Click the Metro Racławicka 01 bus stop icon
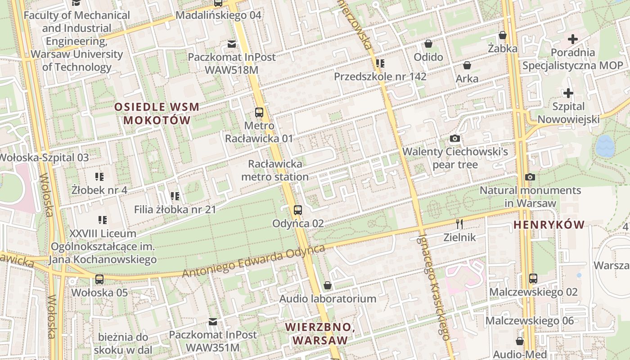259,112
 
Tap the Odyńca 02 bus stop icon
297,210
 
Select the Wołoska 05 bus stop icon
99,279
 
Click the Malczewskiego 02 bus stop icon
533,278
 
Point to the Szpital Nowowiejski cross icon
568,93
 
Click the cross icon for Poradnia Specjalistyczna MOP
572,39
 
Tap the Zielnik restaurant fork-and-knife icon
459,224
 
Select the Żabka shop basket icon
503,35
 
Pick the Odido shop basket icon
428,44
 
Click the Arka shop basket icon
467,65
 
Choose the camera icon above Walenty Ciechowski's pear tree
455,138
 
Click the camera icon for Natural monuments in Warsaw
530,177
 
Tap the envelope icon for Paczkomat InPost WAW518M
232,44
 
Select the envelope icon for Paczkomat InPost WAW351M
213,322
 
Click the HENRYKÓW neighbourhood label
549,225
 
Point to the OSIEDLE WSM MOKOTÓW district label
157,114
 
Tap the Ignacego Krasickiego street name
434,286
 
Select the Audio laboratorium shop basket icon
328,285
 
